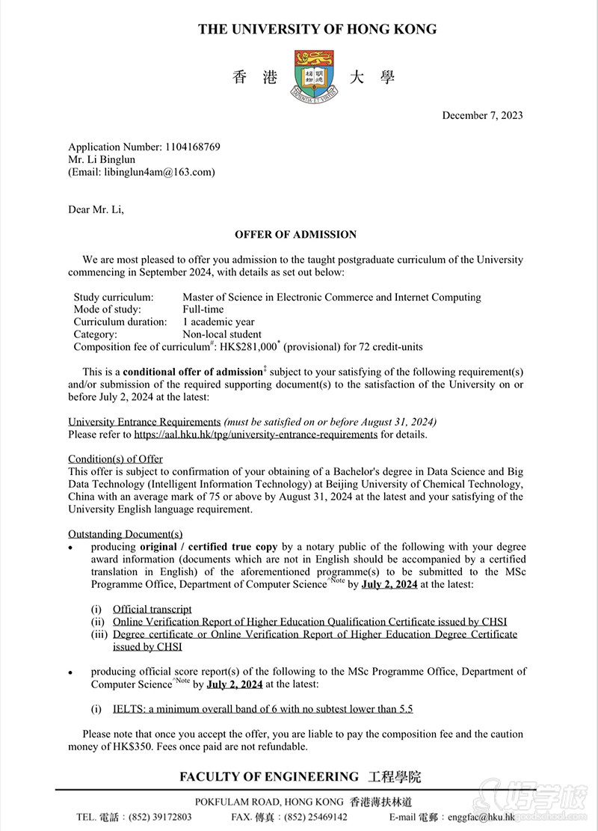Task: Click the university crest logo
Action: [314, 75]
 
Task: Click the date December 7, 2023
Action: [482, 115]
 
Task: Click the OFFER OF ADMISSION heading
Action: [295, 235]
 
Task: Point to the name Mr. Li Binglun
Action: [102, 159]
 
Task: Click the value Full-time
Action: [203, 310]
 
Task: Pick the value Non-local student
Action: [222, 334]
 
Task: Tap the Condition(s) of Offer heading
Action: [115, 459]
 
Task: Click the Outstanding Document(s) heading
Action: [125, 534]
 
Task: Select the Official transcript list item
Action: [152, 610]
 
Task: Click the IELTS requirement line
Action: [263, 709]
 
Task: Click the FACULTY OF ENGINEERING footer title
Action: [269, 777]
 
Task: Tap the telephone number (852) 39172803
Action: [161, 818]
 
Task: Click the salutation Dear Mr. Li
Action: [96, 209]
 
